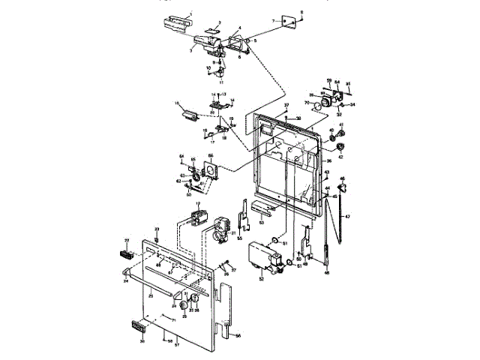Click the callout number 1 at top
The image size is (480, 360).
click(x=190, y=14)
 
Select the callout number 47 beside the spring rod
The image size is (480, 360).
click(x=347, y=216)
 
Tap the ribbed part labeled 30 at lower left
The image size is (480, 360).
click(x=136, y=326)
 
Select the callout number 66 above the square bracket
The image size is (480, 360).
click(x=211, y=156)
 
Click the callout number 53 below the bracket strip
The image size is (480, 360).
click(x=261, y=223)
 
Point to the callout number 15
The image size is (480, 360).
click(x=177, y=103)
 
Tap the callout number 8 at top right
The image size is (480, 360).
click(x=301, y=13)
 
